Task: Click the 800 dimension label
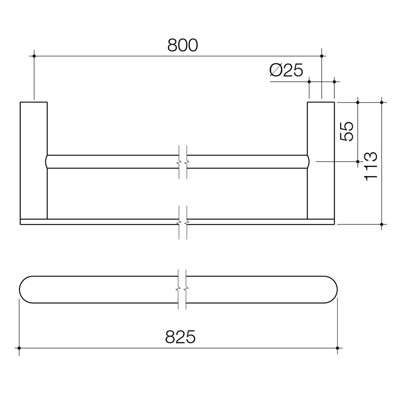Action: click(x=183, y=45)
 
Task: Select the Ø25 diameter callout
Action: click(x=286, y=70)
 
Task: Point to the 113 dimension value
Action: click(x=370, y=166)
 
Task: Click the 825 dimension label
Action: click(x=180, y=337)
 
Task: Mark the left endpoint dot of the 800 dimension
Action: click(x=34, y=56)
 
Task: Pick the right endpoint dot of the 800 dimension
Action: click(x=322, y=56)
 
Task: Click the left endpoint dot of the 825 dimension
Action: click(x=19, y=348)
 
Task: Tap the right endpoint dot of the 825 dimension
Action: click(x=337, y=348)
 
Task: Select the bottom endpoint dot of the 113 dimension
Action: click(x=381, y=224)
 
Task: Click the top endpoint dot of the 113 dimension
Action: click(x=381, y=102)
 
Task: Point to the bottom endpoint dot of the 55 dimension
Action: click(x=357, y=161)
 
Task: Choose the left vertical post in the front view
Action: click(x=34, y=160)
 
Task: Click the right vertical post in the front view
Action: click(x=321, y=160)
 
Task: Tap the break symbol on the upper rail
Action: click(x=183, y=162)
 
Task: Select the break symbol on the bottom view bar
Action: click(x=182, y=289)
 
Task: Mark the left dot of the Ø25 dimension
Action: click(x=309, y=81)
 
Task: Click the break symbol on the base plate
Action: click(x=183, y=222)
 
